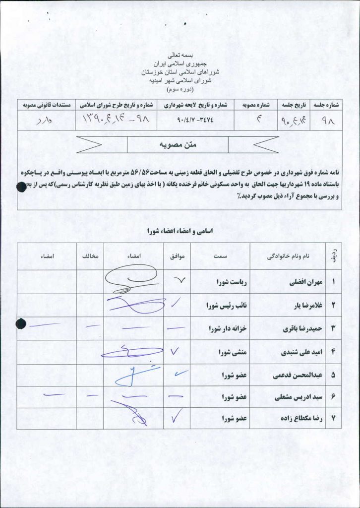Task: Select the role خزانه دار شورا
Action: pos(227,328)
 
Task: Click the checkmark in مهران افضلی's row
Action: pos(178,281)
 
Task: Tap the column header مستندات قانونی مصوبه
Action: pos(48,105)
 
